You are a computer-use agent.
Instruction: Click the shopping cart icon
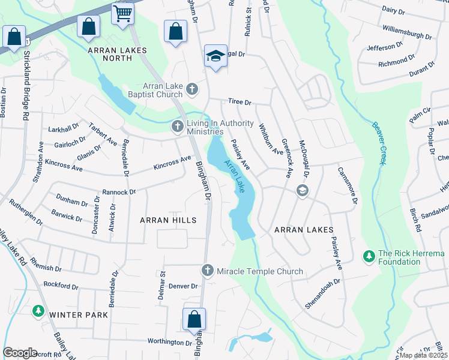(122, 13)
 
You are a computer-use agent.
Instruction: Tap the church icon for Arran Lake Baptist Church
(191, 90)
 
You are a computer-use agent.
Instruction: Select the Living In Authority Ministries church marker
(177, 126)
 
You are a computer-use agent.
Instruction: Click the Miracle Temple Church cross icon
(207, 271)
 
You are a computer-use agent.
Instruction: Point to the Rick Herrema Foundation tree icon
(369, 257)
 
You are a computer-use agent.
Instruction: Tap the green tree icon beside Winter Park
(38, 310)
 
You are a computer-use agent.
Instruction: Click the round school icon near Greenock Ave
(302, 191)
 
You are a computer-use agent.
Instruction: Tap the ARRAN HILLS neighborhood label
(168, 220)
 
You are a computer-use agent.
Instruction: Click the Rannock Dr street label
(119, 193)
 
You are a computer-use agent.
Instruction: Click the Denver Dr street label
(183, 286)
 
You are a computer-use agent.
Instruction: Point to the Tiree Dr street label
(238, 102)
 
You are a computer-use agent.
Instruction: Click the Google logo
(20, 353)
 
